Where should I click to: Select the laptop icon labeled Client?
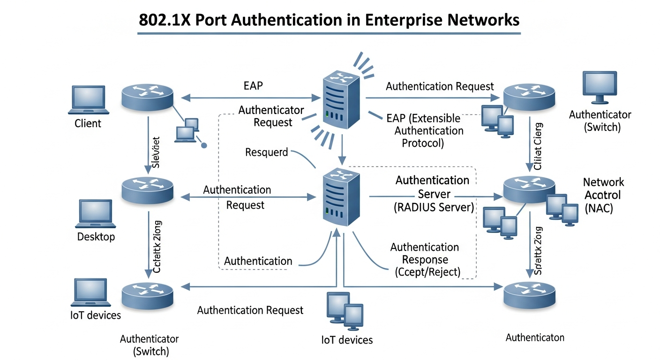(x=89, y=100)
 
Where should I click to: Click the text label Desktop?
(x=96, y=237)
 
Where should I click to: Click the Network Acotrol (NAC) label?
(x=603, y=195)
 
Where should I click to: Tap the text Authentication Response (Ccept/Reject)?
(x=425, y=259)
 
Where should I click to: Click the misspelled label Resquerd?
(x=266, y=152)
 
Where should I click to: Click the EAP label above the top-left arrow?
(x=253, y=86)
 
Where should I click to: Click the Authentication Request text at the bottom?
(x=250, y=310)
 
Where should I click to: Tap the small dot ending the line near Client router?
(x=204, y=145)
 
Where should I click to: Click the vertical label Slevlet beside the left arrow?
(x=157, y=152)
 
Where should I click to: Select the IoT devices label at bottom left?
(x=92, y=315)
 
